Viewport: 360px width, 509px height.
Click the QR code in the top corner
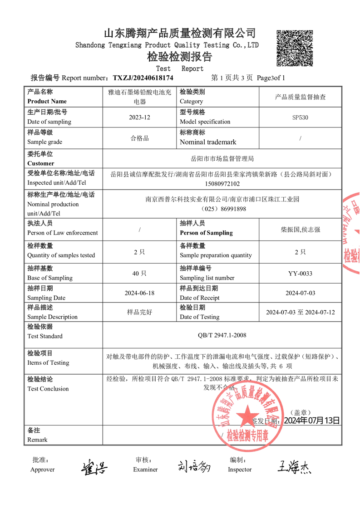click(x=295, y=48)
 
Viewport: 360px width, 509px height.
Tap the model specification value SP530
click(x=300, y=117)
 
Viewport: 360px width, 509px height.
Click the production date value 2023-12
click(x=139, y=117)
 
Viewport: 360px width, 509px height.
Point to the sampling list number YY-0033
click(x=300, y=274)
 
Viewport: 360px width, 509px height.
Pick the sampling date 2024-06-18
click(x=139, y=293)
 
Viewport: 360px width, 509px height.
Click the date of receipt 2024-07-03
click(x=300, y=293)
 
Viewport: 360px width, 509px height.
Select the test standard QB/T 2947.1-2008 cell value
click(x=222, y=335)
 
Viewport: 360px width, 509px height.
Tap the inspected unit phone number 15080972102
click(x=222, y=183)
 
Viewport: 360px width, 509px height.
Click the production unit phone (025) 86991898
click(x=222, y=209)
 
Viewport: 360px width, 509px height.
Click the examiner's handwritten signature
click(x=194, y=466)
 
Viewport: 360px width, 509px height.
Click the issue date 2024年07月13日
click(x=311, y=421)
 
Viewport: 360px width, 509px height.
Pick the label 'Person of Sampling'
click(x=206, y=233)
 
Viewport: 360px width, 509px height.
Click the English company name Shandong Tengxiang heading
click(x=167, y=45)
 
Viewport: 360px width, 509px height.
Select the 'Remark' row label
click(x=37, y=440)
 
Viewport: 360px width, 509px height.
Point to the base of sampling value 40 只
click(x=139, y=274)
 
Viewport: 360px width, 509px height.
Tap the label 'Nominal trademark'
click(x=208, y=142)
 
